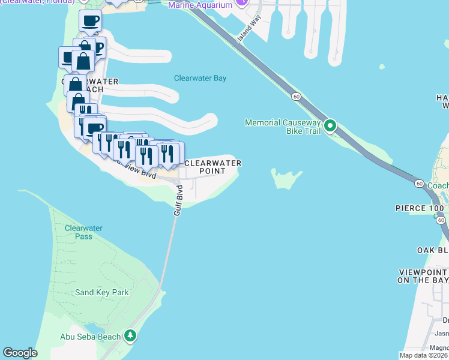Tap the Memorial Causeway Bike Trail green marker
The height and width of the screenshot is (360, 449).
click(330, 126)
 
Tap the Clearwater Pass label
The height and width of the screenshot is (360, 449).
click(83, 232)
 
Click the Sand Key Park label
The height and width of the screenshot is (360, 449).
click(102, 293)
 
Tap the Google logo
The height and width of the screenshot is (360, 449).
click(20, 353)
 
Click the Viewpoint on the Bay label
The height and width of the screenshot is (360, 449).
click(423, 276)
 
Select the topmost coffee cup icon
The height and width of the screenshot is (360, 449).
click(90, 21)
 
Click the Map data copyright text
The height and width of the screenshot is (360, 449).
click(424, 355)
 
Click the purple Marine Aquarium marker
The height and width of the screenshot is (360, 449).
click(241, 2)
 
